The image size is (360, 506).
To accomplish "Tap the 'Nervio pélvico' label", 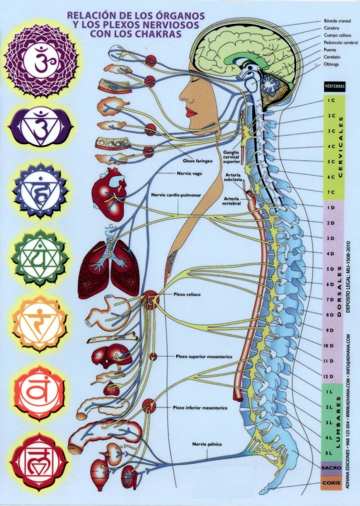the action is [x=205, y=445].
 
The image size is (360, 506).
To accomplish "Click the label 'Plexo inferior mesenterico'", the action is [x=200, y=408].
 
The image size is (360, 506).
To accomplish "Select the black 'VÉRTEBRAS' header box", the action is [x=334, y=85].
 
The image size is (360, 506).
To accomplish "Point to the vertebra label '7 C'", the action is [x=331, y=192].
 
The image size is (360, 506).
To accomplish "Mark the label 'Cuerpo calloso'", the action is [x=337, y=35].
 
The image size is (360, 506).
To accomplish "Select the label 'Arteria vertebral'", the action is [x=231, y=201].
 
